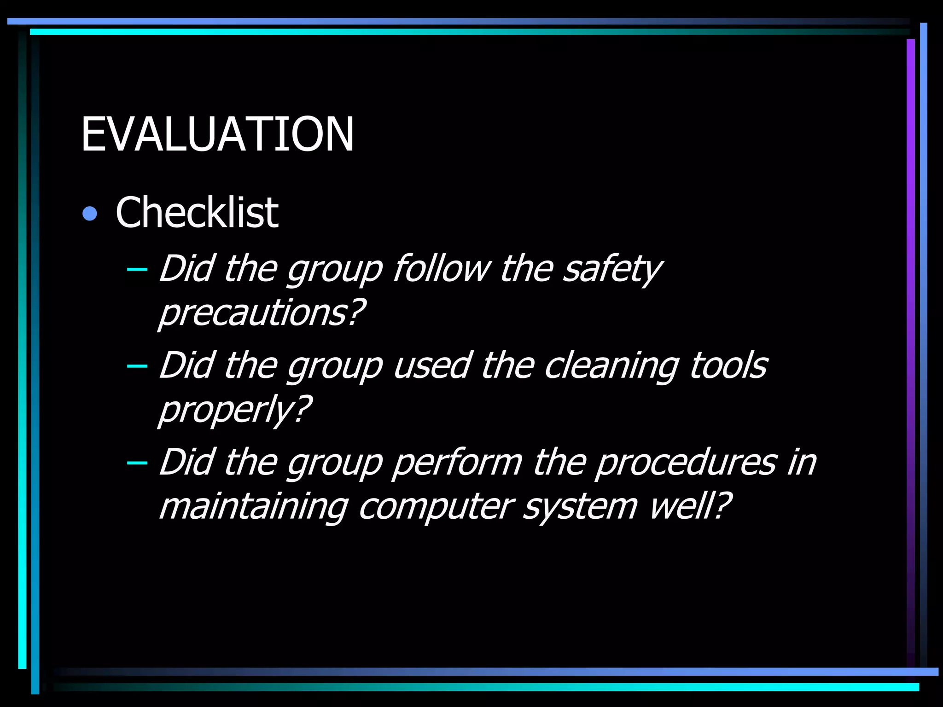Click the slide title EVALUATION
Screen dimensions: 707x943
click(x=217, y=134)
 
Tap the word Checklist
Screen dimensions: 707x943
click(x=197, y=212)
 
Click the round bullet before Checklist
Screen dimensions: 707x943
click(x=90, y=214)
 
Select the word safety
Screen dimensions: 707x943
click(x=612, y=269)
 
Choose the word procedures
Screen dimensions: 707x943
click(x=686, y=463)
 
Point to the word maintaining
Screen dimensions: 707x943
click(x=253, y=507)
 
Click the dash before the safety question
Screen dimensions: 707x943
click(x=137, y=269)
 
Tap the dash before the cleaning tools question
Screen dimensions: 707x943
click(x=137, y=366)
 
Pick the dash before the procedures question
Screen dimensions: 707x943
click(x=137, y=463)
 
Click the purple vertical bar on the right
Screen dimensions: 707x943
click(x=910, y=350)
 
